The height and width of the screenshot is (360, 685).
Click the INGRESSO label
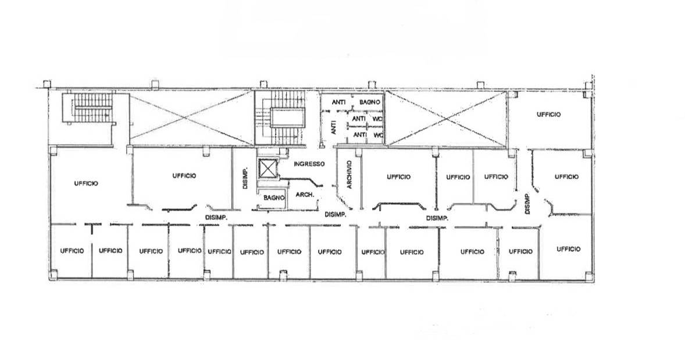click(309, 164)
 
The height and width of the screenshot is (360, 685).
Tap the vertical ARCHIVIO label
click(349, 174)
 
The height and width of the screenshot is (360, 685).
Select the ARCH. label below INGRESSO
click(305, 194)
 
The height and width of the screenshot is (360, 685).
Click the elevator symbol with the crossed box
click(268, 169)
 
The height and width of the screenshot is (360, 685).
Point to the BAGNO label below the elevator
click(274, 198)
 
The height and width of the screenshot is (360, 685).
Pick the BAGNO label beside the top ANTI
click(370, 102)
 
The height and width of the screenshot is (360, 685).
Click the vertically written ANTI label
click(334, 127)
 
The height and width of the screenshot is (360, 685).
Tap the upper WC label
click(377, 119)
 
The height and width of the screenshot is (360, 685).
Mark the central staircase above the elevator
click(281, 117)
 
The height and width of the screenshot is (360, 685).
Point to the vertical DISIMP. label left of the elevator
click(245, 178)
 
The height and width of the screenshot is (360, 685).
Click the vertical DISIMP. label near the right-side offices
click(527, 204)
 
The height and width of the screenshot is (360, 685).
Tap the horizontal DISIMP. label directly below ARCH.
click(336, 215)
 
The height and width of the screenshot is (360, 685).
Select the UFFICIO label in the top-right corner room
click(549, 115)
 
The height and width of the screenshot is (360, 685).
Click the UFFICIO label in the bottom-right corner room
click(568, 249)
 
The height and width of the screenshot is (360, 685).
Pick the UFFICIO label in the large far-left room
click(86, 184)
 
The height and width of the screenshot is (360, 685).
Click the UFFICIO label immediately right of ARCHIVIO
click(398, 177)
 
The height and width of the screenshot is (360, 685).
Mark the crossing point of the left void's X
click(191, 117)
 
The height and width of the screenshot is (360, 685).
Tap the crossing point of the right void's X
click(445, 119)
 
